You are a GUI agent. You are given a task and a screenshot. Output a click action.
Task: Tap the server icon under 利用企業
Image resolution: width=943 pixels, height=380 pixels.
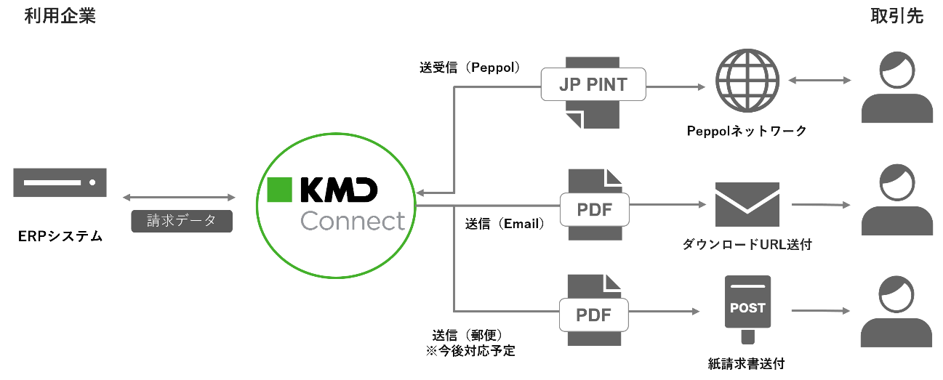60,182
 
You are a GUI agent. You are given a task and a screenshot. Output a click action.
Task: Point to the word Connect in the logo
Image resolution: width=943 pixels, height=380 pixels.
352,220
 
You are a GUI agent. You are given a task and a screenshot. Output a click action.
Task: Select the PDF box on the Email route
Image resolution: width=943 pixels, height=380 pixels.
594,211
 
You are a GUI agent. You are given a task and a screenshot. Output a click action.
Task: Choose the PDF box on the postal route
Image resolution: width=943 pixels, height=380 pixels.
594,315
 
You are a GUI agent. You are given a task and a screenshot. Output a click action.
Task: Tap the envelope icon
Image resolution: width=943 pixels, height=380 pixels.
747,204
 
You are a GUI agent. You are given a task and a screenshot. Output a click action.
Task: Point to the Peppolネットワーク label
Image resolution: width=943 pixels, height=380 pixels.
747,132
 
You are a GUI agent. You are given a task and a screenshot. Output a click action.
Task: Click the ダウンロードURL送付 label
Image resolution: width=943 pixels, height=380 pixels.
747,245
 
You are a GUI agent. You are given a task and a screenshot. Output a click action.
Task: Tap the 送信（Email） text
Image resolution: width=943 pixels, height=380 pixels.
505,224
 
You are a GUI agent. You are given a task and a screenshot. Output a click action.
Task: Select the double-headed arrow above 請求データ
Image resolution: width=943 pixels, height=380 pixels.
180,198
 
